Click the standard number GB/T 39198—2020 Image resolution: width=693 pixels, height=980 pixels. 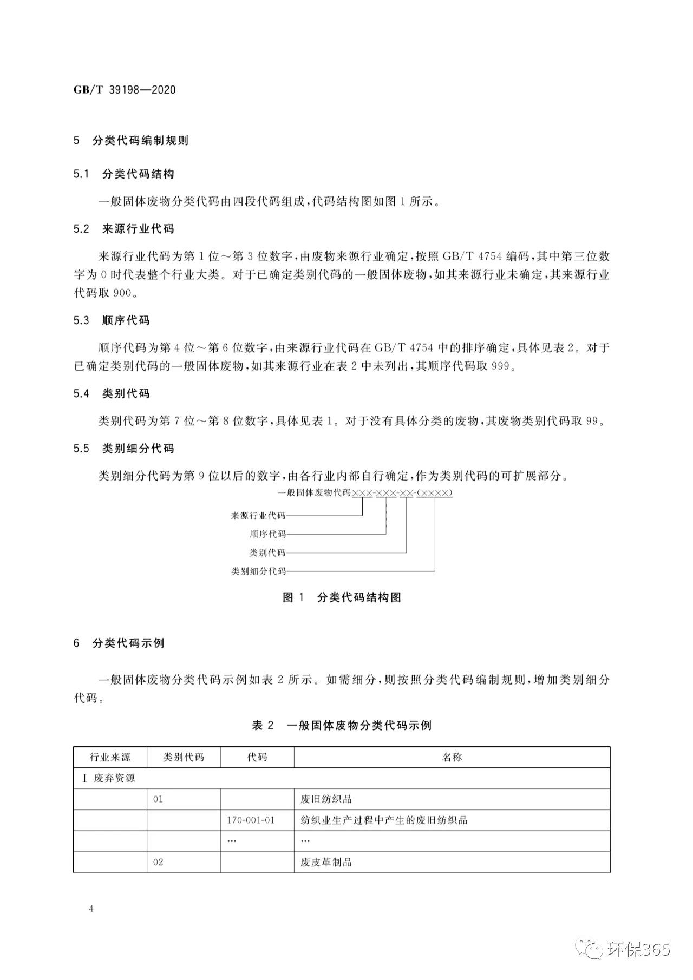click(125, 90)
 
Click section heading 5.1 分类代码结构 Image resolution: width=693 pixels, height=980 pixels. click(124, 174)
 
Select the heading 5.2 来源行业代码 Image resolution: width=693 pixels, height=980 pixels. click(124, 229)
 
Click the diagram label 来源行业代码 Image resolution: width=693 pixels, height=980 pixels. click(258, 516)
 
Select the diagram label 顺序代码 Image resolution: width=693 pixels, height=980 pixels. click(267, 534)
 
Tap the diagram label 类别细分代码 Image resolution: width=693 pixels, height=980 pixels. click(258, 571)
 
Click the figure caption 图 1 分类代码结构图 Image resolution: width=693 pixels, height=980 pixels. click(342, 597)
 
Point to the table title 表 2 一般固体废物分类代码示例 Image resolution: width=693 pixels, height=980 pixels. click(342, 726)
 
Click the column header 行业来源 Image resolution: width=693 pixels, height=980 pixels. click(110, 757)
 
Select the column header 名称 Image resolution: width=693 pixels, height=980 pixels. click(452, 757)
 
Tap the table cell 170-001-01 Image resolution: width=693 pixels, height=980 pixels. click(251, 820)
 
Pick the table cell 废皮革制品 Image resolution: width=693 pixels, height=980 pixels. click(326, 862)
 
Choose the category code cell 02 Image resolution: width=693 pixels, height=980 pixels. click(158, 862)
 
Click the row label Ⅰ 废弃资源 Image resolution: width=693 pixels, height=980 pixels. click(107, 778)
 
